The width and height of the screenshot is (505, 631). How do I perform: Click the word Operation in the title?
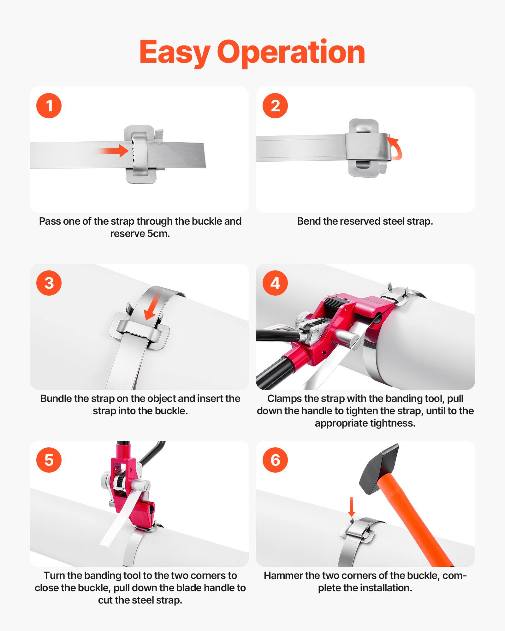(x=291, y=52)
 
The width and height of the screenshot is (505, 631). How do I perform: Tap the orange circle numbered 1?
(x=49, y=106)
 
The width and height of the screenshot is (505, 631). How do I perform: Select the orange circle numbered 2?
(x=275, y=106)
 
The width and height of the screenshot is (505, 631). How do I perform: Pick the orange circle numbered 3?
(x=49, y=283)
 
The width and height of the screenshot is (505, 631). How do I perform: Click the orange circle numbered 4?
(x=275, y=283)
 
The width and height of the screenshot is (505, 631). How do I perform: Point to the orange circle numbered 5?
(x=49, y=460)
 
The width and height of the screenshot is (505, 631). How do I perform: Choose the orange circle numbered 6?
(x=275, y=460)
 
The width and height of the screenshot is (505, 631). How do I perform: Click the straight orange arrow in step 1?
(x=114, y=151)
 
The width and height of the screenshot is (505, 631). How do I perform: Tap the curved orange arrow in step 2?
(x=396, y=148)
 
